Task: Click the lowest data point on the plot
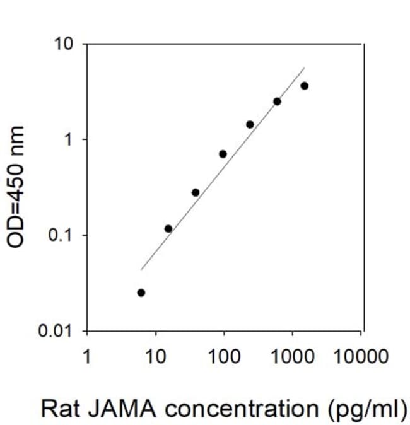click(141, 293)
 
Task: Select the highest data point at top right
click(305, 86)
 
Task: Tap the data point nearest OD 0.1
click(168, 229)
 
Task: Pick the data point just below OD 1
click(223, 154)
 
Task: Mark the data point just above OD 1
click(250, 125)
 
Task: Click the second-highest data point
click(277, 102)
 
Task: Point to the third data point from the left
click(196, 193)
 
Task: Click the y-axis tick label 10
click(64, 44)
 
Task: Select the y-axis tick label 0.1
click(60, 235)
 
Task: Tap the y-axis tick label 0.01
click(56, 330)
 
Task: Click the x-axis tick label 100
click(225, 356)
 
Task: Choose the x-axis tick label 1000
click(293, 356)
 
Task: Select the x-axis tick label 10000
click(361, 356)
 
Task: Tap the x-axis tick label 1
click(87, 356)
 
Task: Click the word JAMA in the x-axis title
click(122, 408)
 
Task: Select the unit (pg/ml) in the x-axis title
click(367, 409)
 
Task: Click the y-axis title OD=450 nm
click(15, 187)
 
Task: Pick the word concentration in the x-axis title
click(242, 408)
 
